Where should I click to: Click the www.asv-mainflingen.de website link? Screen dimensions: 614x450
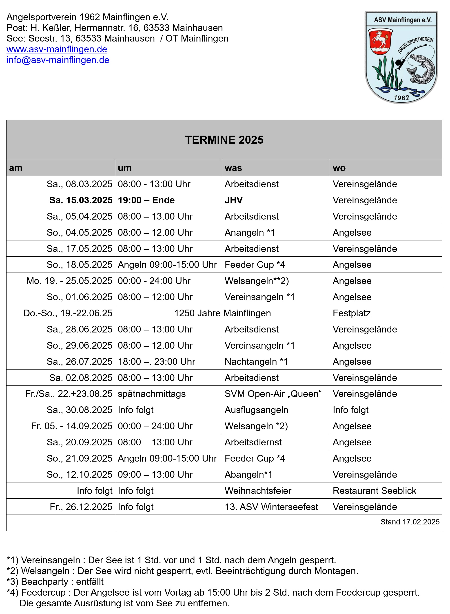coord(57,49)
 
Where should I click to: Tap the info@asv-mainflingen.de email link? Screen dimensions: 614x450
coord(58,60)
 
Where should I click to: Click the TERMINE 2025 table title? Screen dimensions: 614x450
coord(224,140)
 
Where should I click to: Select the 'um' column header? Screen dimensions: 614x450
coord(125,168)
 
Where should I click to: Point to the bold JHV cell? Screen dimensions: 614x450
coord(233,200)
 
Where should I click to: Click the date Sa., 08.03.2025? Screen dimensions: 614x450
coord(79,184)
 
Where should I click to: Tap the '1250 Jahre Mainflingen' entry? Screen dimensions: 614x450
coord(222,313)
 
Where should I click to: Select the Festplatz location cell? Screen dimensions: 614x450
coord(351,313)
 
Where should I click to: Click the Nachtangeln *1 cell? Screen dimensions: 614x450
coord(256,362)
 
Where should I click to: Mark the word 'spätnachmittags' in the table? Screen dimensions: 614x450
coord(151,394)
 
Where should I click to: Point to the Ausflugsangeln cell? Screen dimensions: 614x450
coord(256,410)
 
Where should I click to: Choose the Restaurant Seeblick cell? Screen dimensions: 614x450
coord(374,491)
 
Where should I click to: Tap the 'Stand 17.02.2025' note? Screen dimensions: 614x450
coord(410,522)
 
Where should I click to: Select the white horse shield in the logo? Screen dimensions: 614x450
coord(380,41)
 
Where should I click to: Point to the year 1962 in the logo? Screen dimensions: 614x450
coord(401,97)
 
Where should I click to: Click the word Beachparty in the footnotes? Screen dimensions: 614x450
coord(44,582)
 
